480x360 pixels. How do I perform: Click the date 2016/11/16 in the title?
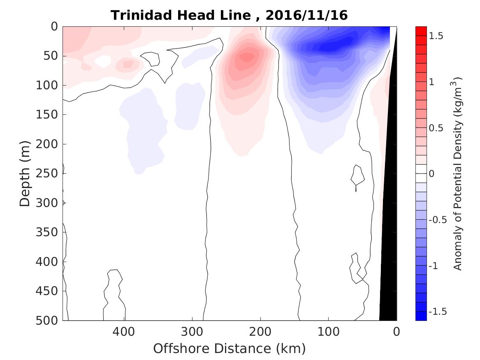307,15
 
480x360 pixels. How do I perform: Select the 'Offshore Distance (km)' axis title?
230,349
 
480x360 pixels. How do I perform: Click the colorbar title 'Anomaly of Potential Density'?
457,173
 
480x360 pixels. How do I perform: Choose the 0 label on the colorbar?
432,174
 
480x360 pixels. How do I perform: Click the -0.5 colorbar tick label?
438,220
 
